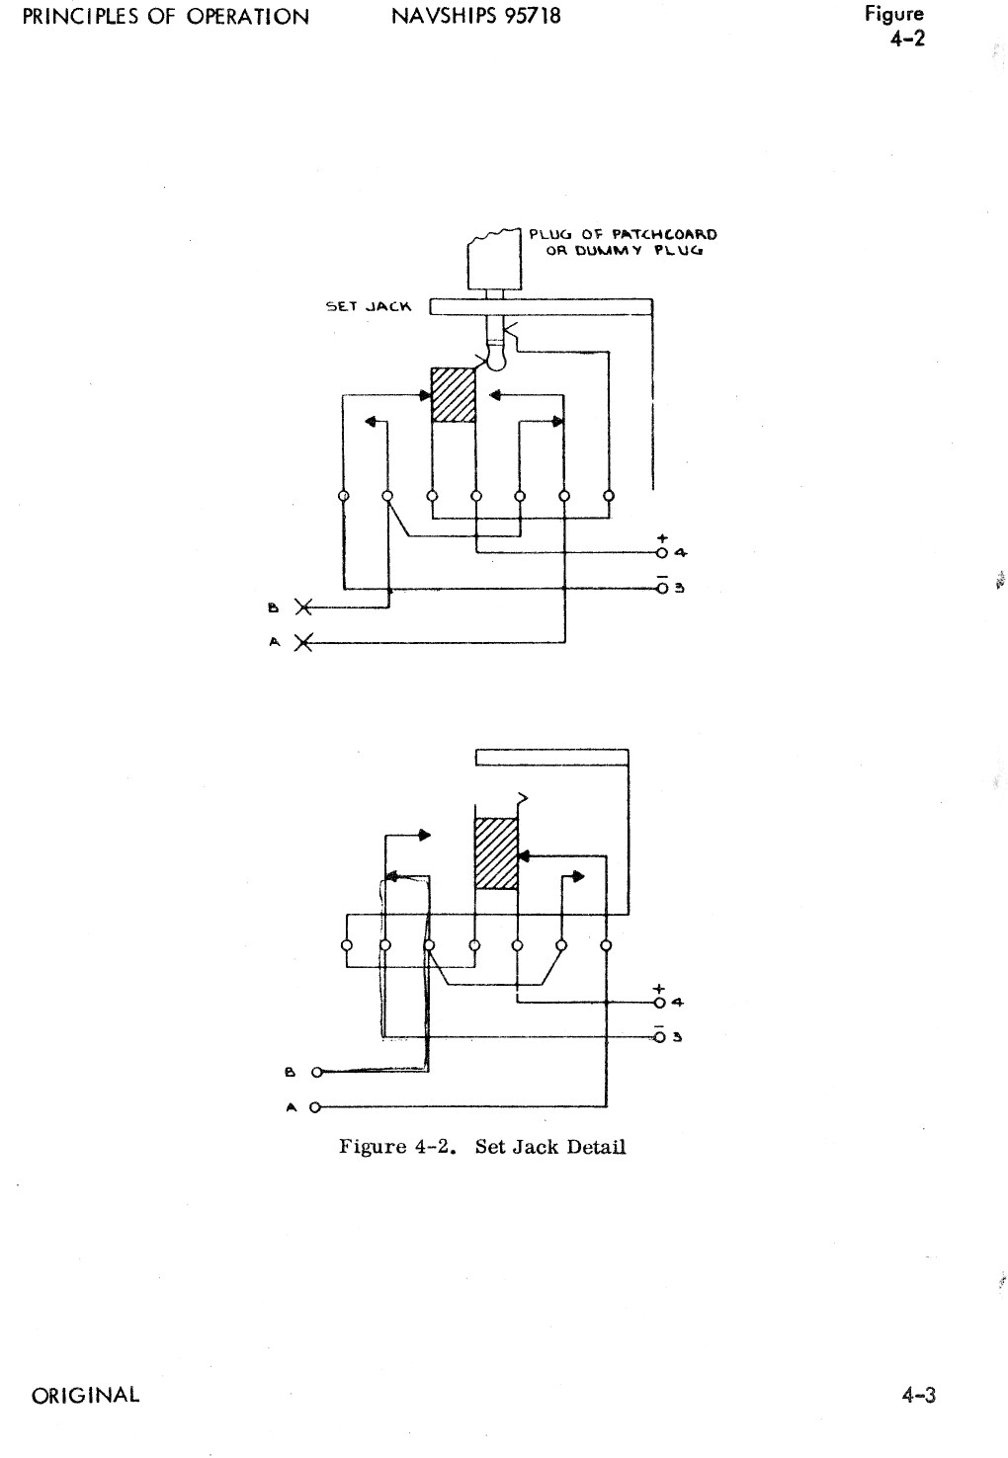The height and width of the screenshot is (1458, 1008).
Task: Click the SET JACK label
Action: (368, 306)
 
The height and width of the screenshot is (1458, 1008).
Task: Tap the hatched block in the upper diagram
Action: (454, 395)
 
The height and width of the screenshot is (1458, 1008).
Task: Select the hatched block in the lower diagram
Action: (496, 852)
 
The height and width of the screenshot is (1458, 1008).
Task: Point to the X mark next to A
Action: (303, 643)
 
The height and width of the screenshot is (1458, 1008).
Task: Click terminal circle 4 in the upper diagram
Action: (661, 552)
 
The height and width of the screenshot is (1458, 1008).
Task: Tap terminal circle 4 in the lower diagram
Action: (660, 1003)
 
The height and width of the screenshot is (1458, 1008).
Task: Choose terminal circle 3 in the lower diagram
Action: (660, 1036)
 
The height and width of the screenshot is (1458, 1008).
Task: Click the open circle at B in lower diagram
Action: (315, 1072)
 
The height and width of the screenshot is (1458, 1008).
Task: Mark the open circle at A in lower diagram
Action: (315, 1107)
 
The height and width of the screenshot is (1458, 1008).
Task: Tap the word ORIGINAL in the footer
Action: (85, 1395)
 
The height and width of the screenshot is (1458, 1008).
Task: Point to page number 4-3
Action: (918, 1395)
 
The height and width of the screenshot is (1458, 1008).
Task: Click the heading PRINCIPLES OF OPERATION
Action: (164, 16)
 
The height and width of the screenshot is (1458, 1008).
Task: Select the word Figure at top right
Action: (893, 14)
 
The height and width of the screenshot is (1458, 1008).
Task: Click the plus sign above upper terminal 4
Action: (662, 538)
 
